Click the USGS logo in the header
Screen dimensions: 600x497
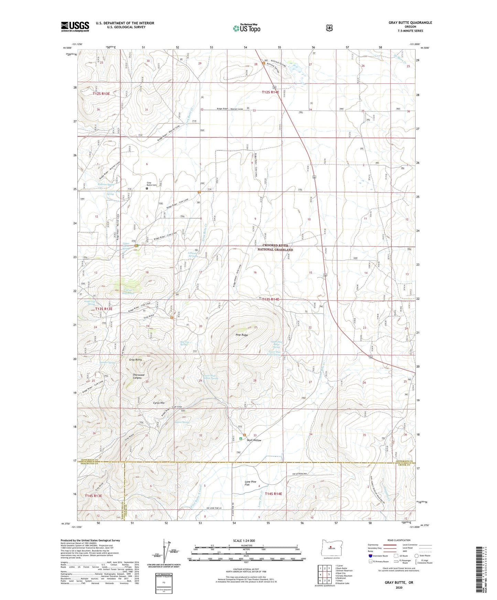pos(75,26)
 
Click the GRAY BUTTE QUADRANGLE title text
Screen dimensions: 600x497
pos(410,23)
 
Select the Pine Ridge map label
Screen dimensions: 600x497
pos(242,335)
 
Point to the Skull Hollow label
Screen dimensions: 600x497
pos(254,440)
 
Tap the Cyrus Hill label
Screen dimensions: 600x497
pos(159,403)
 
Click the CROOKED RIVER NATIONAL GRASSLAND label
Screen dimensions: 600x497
pos(275,247)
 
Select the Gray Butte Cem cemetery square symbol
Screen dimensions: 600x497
pos(147,188)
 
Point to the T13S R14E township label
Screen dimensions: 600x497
pos(271,299)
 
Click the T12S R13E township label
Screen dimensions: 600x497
pos(101,93)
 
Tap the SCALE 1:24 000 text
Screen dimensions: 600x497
pos(244,541)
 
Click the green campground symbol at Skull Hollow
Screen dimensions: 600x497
pos(241,439)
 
